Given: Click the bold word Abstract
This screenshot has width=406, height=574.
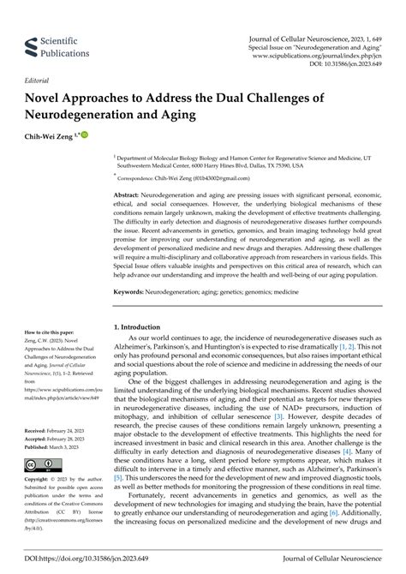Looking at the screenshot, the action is pyautogui.click(x=129, y=196).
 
